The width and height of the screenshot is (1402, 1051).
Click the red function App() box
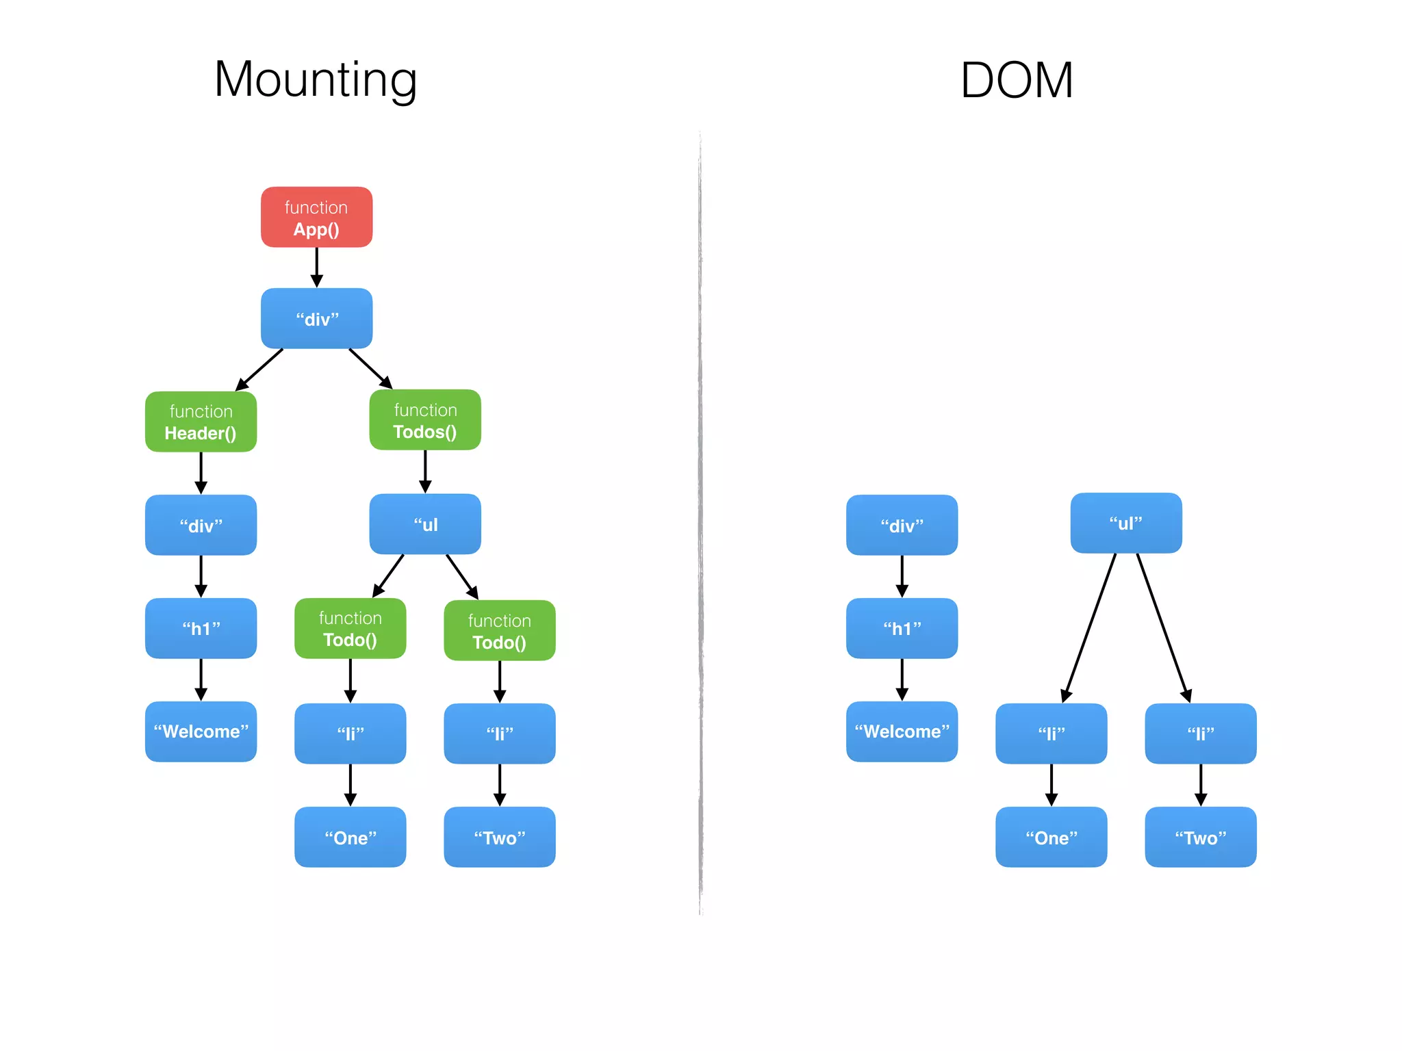(x=316, y=217)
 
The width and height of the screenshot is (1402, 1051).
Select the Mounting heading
(x=316, y=80)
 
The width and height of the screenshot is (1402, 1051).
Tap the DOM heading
(x=1016, y=81)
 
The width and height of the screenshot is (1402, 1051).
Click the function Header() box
(x=201, y=421)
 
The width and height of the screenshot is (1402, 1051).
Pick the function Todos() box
(x=425, y=420)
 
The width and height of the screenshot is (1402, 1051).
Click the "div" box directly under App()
(x=316, y=319)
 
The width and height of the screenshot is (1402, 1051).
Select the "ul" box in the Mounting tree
(x=425, y=524)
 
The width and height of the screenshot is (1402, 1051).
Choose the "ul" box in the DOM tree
(x=1125, y=523)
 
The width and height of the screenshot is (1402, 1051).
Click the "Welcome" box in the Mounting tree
(x=201, y=731)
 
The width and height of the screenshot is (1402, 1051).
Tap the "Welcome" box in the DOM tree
(x=902, y=731)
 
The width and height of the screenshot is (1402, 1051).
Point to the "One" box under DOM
(x=1051, y=837)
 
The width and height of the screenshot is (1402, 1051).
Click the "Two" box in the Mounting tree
(x=499, y=837)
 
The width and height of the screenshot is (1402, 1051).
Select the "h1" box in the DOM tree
(x=902, y=628)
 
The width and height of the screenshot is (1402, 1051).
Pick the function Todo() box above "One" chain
(x=350, y=629)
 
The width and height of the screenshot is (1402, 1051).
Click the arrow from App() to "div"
(x=316, y=267)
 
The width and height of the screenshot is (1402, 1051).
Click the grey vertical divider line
(x=700, y=520)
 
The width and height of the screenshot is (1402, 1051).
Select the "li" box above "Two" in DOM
(x=1200, y=734)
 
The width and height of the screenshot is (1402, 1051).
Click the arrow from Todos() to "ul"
(x=425, y=471)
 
